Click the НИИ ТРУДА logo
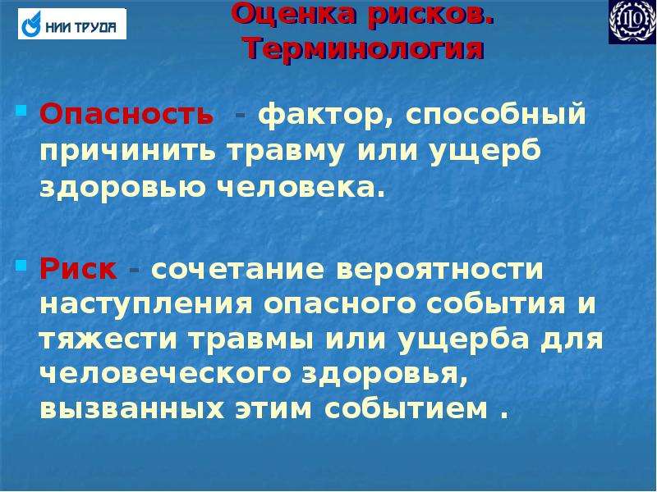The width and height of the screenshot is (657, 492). coord(72,24)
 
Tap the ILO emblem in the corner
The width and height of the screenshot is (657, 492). coord(632,21)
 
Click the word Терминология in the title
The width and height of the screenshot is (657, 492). coord(364,49)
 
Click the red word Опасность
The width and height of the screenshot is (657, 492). coord(126,114)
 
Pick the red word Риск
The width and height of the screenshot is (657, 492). coord(78,269)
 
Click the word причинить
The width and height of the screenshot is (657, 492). coord(129,152)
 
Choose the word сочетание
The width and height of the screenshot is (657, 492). coord(238,270)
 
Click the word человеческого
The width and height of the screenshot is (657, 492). coord(166,374)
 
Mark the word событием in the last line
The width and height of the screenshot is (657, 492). coord(406,409)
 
